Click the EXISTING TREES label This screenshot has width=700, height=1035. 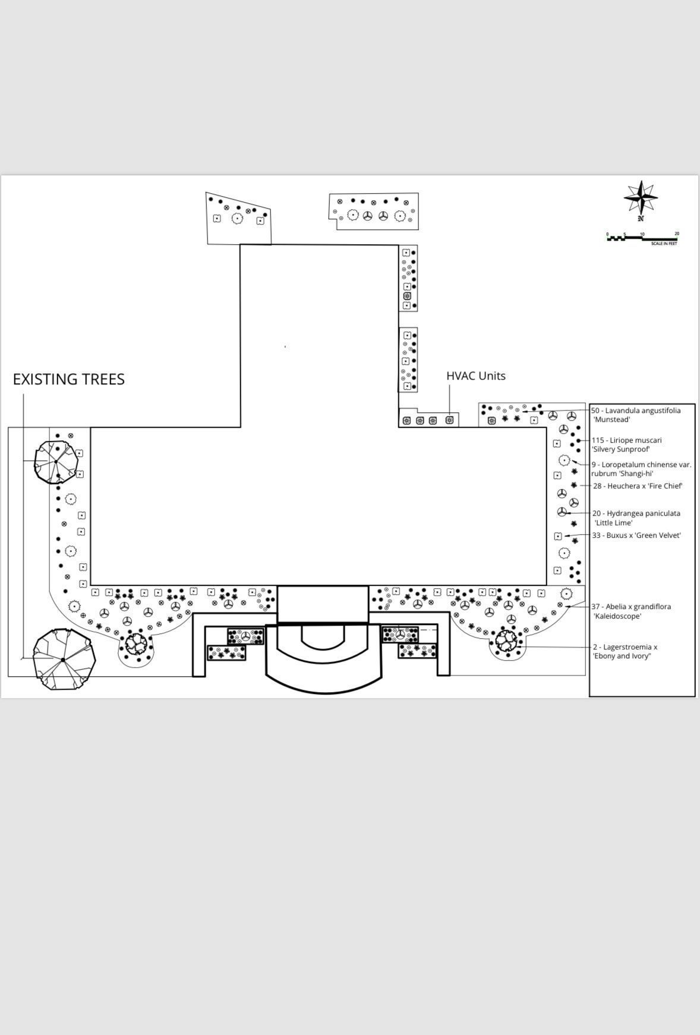(x=69, y=379)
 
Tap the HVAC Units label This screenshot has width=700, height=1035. (x=476, y=375)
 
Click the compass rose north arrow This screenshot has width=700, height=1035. (x=641, y=198)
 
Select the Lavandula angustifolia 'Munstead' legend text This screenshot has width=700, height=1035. (x=636, y=415)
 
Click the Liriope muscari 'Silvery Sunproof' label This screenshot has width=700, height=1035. (x=626, y=444)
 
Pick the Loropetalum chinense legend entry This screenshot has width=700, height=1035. (x=641, y=469)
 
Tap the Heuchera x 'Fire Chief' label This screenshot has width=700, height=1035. (x=638, y=486)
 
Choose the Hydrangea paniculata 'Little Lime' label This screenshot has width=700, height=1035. (x=636, y=517)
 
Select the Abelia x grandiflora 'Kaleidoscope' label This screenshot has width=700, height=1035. (x=632, y=611)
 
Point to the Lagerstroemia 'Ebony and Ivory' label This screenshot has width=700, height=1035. (x=625, y=651)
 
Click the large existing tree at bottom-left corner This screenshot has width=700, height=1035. (x=64, y=660)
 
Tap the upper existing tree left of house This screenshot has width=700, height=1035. (x=56, y=461)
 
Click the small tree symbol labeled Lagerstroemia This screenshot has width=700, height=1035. (x=506, y=640)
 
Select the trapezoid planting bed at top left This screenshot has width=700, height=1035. (x=238, y=219)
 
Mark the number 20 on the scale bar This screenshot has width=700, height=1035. (x=677, y=234)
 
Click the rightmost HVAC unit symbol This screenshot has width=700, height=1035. (x=450, y=420)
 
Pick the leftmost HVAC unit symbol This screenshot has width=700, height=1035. (x=407, y=421)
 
